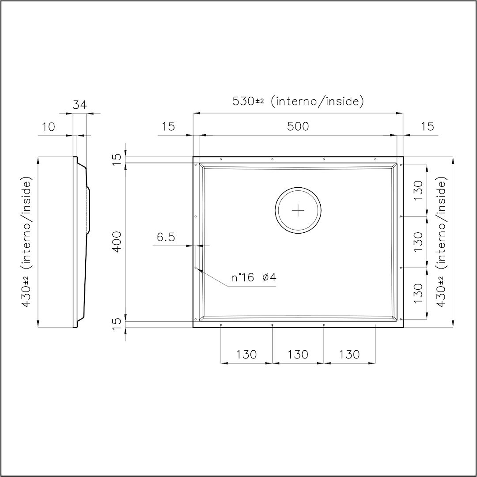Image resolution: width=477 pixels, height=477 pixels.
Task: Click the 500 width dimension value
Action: pyautogui.click(x=298, y=126)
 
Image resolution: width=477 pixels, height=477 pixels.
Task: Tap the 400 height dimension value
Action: pyautogui.click(x=117, y=242)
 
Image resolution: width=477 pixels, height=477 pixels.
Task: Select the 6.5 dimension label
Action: pyautogui.click(x=166, y=237)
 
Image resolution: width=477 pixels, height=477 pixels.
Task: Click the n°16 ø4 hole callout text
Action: pyautogui.click(x=254, y=277)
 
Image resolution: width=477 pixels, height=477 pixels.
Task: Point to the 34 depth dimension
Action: pyautogui.click(x=79, y=105)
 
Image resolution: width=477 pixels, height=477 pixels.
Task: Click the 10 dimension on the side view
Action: pyautogui.click(x=48, y=127)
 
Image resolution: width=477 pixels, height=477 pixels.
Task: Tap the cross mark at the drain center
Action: pyautogui.click(x=298, y=210)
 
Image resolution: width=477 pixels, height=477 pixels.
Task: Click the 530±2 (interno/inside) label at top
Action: pyautogui.click(x=298, y=101)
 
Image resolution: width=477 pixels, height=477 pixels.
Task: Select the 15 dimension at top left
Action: pyautogui.click(x=168, y=126)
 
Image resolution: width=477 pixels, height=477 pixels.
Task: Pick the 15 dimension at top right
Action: pyautogui.click(x=428, y=126)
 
